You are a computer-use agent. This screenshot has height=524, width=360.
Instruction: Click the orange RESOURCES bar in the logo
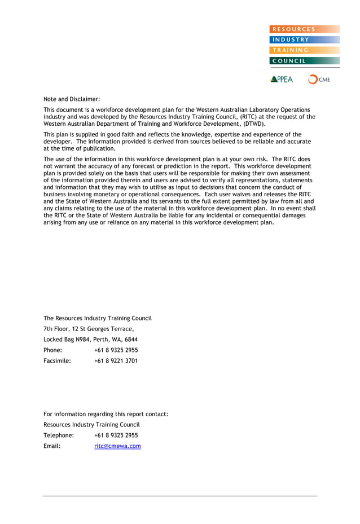[x=305, y=29]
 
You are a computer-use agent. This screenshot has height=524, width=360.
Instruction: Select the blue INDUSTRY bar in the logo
[x=305, y=39]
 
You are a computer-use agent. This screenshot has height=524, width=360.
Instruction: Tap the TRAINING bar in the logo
[x=305, y=50]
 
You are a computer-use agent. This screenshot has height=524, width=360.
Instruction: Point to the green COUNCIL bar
[x=305, y=61]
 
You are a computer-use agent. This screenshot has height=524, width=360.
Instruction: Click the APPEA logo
[x=282, y=80]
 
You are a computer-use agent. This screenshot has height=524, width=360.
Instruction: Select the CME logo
[x=319, y=80]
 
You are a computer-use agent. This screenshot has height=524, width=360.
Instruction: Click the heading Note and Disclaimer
[x=72, y=99]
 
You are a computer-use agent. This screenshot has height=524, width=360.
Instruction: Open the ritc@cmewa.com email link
[x=117, y=446]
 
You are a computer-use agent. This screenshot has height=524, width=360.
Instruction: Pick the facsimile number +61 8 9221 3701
[x=116, y=361]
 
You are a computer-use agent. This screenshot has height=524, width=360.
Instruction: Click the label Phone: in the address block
[x=52, y=350]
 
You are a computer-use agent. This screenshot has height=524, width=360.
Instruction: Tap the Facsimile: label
[x=57, y=361]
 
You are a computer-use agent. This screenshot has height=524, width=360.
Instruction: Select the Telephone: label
[x=59, y=435]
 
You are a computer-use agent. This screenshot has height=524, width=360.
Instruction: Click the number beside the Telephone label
[x=116, y=435]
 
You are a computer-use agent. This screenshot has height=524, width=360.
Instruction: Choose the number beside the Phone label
[x=116, y=350]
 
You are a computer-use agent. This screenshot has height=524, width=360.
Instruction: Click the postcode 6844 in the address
[x=131, y=340]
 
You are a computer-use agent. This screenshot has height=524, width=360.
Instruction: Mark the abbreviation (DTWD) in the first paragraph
[x=251, y=124]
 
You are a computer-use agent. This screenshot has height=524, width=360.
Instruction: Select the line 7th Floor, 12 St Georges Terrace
[x=89, y=329]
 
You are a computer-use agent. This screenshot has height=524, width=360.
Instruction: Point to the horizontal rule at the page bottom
[x=180, y=496]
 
